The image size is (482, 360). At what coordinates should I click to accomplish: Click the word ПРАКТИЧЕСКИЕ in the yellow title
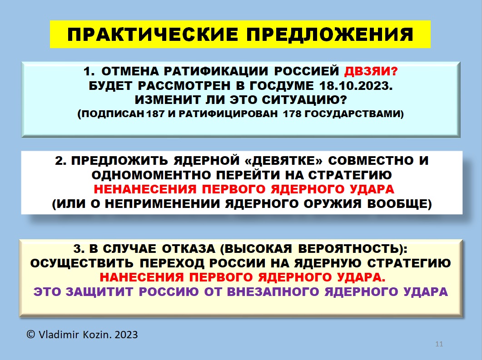tap(153, 35)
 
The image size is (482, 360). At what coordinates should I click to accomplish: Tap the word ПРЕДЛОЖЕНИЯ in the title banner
tap(330, 35)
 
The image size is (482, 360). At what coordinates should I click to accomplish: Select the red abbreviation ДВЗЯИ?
tap(371, 71)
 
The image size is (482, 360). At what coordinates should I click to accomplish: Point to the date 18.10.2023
tap(356, 86)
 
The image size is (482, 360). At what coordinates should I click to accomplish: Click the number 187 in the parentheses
tap(156, 114)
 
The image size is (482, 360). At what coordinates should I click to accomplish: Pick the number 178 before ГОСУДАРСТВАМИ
tap(292, 114)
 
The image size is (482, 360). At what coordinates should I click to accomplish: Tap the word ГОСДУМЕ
tap(281, 86)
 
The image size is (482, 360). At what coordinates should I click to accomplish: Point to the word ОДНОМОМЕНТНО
tap(151, 175)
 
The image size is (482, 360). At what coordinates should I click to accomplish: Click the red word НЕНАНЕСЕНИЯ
tap(145, 189)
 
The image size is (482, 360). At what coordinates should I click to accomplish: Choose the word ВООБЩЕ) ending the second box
tap(399, 204)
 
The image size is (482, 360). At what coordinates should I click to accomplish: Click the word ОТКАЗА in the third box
tap(189, 249)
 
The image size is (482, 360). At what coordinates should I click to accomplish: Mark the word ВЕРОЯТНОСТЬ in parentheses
tap(348, 249)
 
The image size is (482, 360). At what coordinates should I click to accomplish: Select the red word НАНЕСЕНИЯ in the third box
tap(141, 277)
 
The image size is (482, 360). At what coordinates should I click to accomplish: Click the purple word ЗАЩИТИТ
tap(99, 291)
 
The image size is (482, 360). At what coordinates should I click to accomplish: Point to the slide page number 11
tap(439, 344)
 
